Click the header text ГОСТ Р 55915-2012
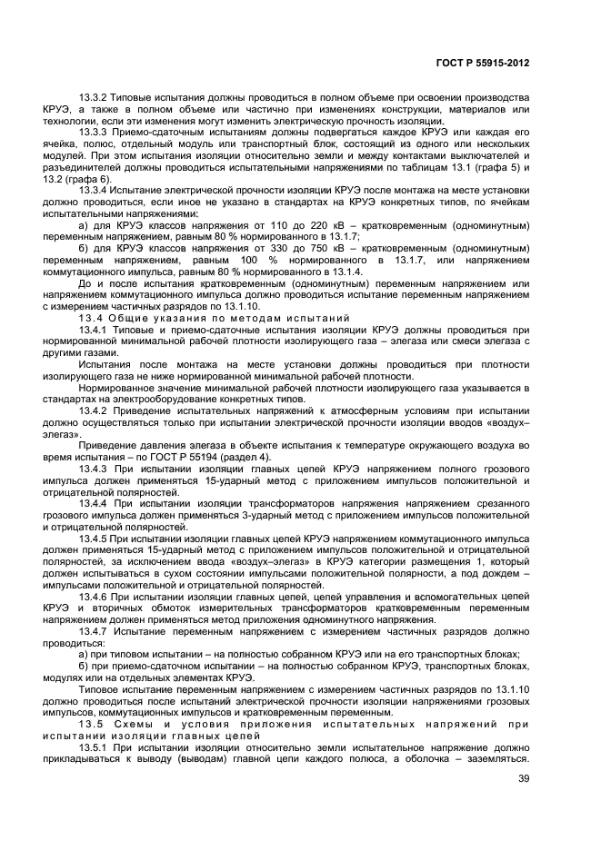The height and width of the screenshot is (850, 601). (x=482, y=64)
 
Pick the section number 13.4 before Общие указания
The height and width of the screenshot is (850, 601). (x=91, y=318)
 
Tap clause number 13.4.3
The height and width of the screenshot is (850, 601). (x=95, y=469)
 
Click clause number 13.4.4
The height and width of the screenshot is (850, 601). (x=95, y=503)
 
